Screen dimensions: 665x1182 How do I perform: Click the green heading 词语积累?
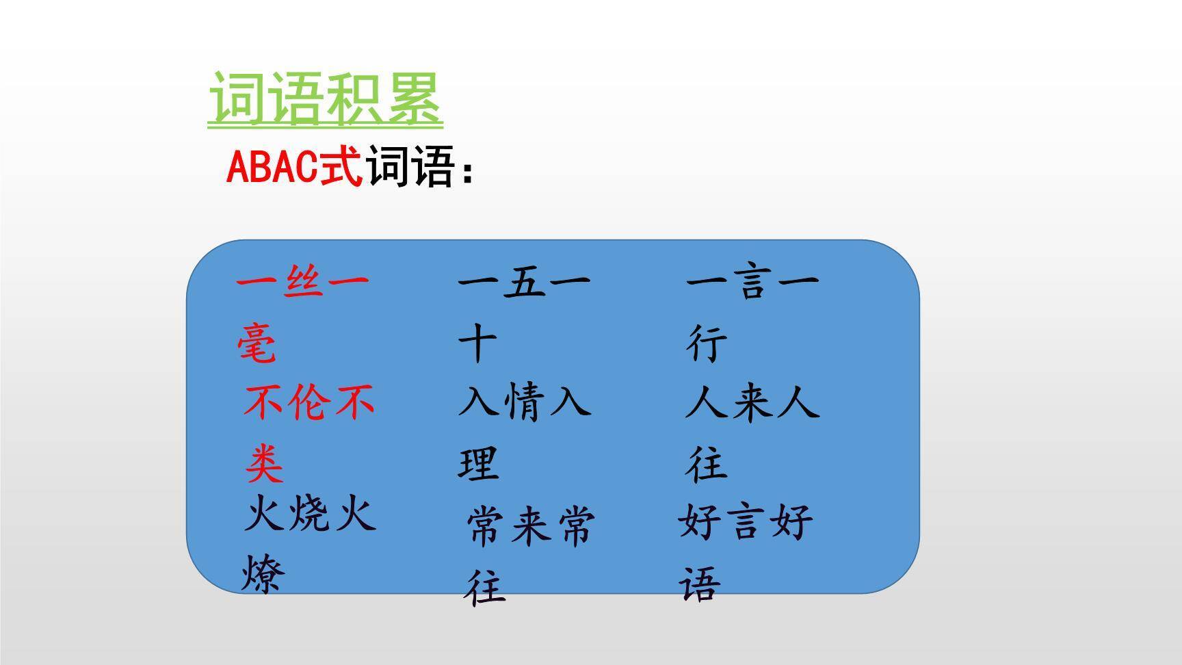pyautogui.click(x=325, y=99)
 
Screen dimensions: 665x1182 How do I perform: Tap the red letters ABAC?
pyautogui.click(x=272, y=166)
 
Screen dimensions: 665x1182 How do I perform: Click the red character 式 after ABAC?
pyautogui.click(x=341, y=166)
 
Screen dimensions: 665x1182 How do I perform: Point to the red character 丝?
pyautogui.click(x=302, y=279)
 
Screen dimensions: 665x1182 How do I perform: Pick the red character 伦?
pyautogui.click(x=309, y=402)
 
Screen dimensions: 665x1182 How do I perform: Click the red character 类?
pyautogui.click(x=264, y=465)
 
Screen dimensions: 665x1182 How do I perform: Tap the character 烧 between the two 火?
pyautogui.click(x=311, y=514)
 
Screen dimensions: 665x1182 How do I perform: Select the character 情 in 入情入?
pyautogui.click(x=525, y=401)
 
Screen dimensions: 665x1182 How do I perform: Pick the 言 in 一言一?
pyautogui.click(x=752, y=280)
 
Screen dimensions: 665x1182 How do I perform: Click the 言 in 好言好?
pyautogui.click(x=746, y=522)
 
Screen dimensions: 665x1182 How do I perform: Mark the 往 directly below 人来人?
pyautogui.click(x=707, y=464)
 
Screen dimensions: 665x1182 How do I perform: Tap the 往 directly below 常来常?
pyautogui.click(x=486, y=587)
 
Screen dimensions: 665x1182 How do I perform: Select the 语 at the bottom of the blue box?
pyautogui.click(x=700, y=585)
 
